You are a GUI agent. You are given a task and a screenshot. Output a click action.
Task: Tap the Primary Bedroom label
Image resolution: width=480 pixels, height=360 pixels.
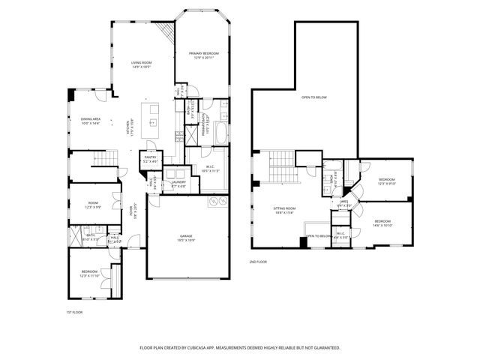[x=201, y=54]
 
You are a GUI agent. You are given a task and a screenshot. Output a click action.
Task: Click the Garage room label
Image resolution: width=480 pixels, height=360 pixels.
[x=185, y=239]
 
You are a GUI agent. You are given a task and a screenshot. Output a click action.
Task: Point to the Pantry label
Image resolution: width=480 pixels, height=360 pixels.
[x=149, y=159]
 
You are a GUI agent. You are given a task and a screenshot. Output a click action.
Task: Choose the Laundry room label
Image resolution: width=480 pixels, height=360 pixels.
[x=178, y=183]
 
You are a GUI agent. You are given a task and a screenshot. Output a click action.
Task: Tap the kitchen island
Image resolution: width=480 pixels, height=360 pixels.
[x=154, y=117]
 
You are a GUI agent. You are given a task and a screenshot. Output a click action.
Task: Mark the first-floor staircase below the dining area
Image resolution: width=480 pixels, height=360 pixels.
[x=105, y=158]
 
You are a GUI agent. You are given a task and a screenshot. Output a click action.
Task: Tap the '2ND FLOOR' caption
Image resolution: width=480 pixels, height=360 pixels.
[x=259, y=262]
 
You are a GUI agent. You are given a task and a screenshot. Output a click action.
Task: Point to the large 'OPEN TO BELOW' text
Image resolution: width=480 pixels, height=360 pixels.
[x=314, y=97]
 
